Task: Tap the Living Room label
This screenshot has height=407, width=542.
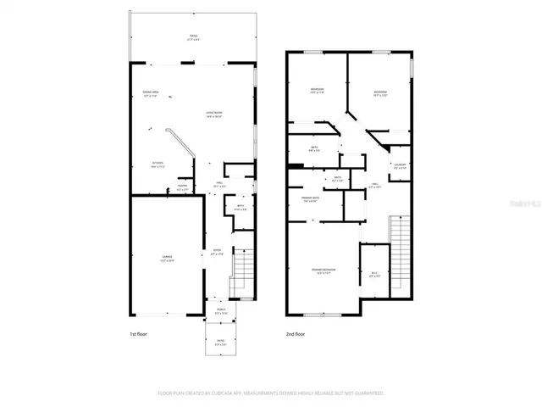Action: pos(213,114)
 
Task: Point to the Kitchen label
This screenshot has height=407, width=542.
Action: pos(158,164)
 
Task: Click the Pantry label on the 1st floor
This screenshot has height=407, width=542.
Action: pos(182,188)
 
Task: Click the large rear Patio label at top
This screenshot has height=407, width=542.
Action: pos(193,38)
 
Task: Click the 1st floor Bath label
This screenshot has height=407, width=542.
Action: pos(241,208)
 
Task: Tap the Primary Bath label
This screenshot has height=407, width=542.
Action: pos(309,199)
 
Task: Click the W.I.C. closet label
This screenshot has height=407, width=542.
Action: pos(375,274)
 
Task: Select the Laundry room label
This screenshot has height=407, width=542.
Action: pos(401,166)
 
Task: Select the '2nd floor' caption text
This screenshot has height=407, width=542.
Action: pos(296,335)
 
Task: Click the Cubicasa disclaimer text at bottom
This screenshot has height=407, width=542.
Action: pos(271,393)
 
